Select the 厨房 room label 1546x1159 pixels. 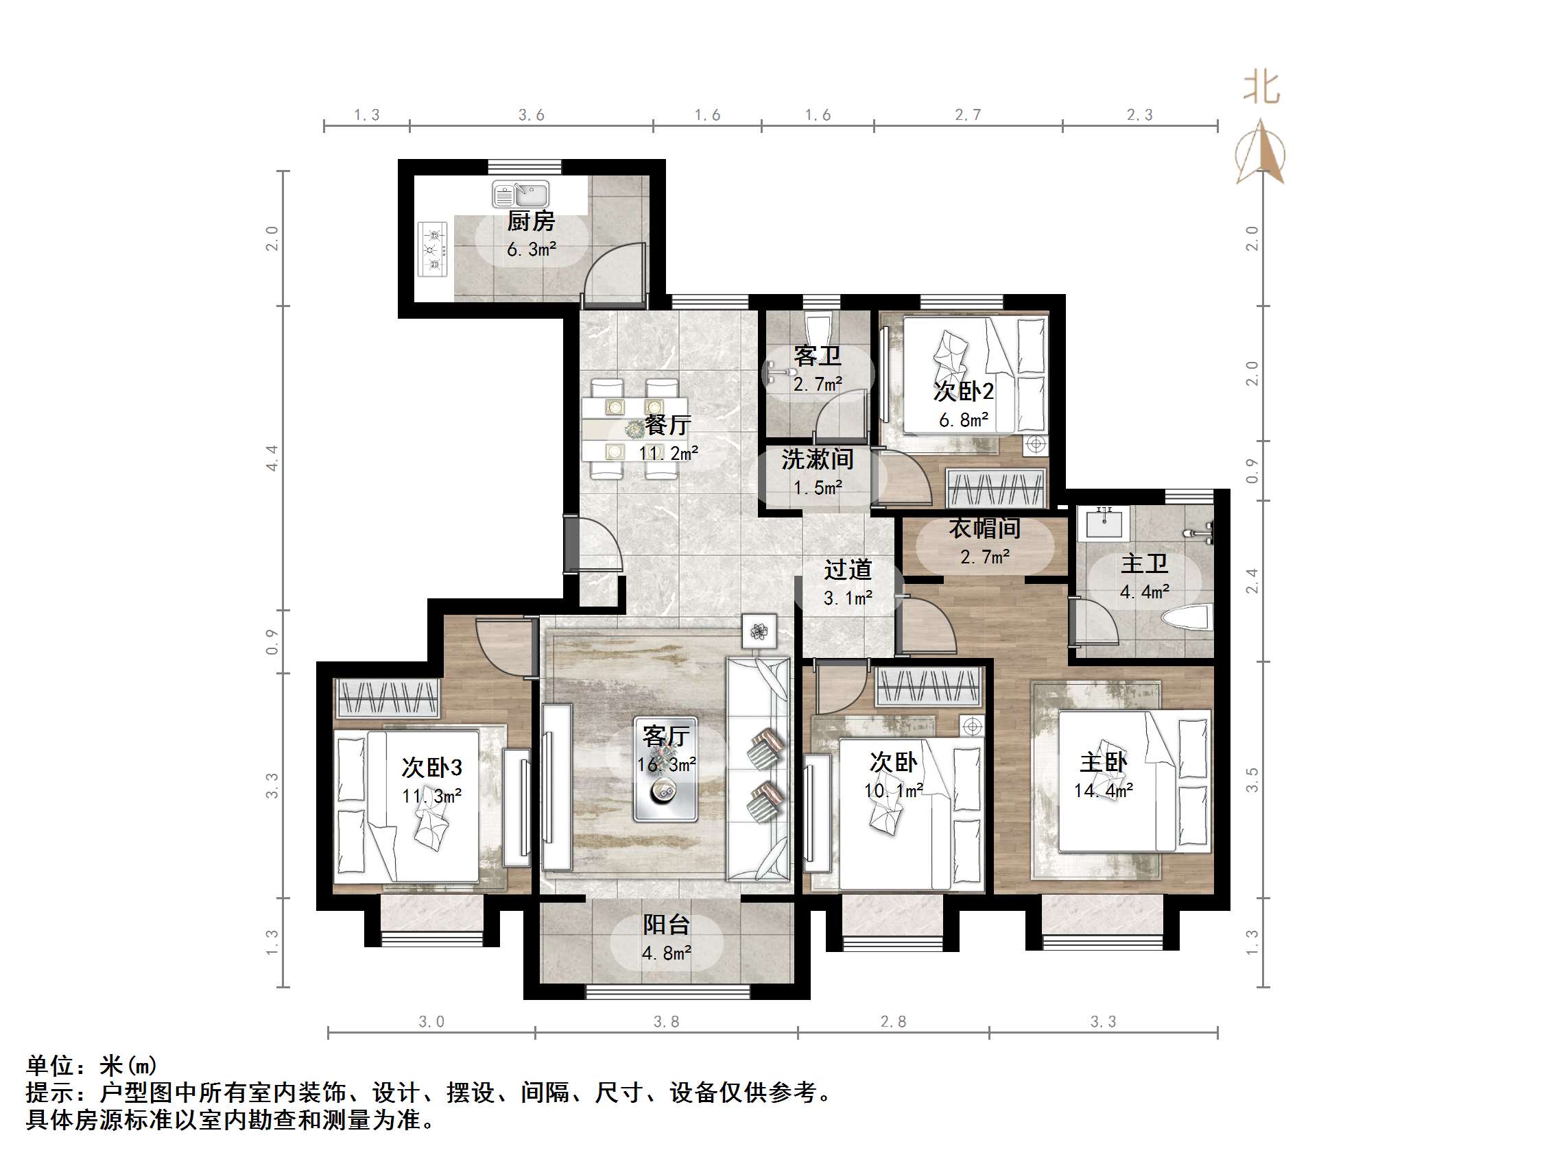click(530, 221)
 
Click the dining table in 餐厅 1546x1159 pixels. click(634, 428)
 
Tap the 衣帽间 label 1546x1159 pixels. click(984, 528)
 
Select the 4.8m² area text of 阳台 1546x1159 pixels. click(666, 953)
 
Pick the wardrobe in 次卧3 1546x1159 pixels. click(388, 696)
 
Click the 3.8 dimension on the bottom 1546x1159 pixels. click(666, 1021)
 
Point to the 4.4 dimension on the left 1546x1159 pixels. click(272, 458)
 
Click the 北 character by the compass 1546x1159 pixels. click(1261, 88)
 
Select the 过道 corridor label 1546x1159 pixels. click(847, 570)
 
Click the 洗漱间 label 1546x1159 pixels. click(817, 459)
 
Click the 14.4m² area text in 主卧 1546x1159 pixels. click(1103, 791)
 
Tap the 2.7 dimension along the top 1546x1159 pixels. click(968, 114)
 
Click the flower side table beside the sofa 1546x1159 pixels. click(759, 631)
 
